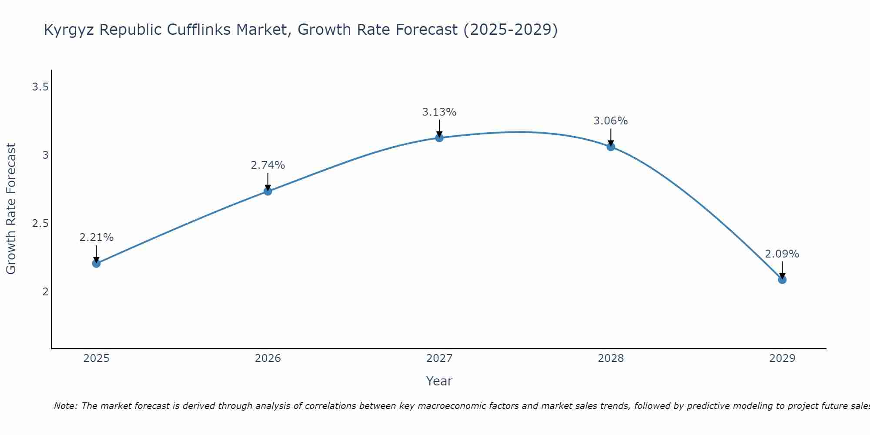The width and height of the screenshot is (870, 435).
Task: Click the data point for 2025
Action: tap(97, 263)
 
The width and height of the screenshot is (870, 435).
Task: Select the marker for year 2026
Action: tap(268, 191)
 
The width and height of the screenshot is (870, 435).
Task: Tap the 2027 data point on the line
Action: tap(439, 138)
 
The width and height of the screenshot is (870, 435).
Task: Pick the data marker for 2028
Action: tap(611, 147)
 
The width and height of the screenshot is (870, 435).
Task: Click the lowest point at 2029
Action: tap(782, 279)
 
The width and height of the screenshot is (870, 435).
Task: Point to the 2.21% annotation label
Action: tap(97, 238)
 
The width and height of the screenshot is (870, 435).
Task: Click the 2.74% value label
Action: tap(268, 165)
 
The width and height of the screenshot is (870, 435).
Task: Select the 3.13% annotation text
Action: tap(439, 112)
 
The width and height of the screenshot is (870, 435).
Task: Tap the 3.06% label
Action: tap(611, 121)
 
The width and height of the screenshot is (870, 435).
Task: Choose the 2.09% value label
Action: tap(782, 254)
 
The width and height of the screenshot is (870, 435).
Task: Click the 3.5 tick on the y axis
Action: tap(40, 87)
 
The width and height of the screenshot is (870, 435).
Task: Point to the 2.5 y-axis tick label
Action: tap(40, 224)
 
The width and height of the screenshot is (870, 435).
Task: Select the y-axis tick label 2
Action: tap(45, 291)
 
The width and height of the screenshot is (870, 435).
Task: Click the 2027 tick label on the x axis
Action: tap(439, 358)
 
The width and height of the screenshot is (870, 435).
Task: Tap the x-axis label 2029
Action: tap(782, 358)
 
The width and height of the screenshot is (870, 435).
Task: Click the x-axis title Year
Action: tap(439, 381)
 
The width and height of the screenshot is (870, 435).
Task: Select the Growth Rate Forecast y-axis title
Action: tap(11, 209)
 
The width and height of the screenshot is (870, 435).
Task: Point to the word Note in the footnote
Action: tap(65, 406)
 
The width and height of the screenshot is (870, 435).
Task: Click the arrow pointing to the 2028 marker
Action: tap(611, 137)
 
